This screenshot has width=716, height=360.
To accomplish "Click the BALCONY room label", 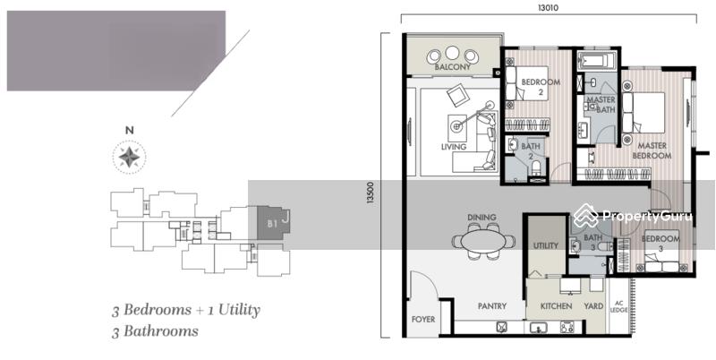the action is (452, 67).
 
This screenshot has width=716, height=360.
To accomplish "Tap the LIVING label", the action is (454, 147).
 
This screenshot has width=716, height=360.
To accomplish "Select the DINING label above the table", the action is (482, 218).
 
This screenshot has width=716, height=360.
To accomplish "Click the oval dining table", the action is (483, 241).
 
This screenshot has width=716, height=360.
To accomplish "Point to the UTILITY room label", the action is (546, 245).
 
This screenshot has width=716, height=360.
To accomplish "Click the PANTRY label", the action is (493, 306).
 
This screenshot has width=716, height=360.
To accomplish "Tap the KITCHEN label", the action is (556, 306).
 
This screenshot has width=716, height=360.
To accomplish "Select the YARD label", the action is (593, 306).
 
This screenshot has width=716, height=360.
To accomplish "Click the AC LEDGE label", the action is (618, 306).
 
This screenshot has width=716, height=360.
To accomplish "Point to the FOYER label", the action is (423, 320).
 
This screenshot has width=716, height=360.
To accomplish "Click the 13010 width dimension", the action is (549, 8).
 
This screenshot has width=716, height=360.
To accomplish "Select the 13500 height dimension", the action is (371, 193).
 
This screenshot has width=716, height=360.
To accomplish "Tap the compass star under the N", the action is (129, 157).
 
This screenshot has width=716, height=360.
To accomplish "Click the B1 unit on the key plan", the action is (273, 223).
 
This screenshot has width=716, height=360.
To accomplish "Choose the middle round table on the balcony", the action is (452, 54).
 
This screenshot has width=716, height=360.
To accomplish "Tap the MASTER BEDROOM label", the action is (652, 150).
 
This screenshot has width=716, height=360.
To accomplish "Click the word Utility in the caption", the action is (239, 310).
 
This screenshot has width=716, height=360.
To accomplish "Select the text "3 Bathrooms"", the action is (155, 330).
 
